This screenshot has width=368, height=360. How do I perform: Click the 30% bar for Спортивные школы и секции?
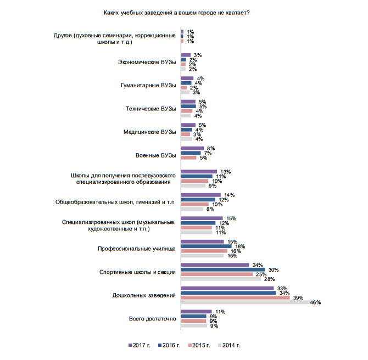pos(222,269)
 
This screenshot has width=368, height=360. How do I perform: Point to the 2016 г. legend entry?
pos(170,346)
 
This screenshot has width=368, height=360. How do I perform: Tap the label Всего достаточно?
pos(153,319)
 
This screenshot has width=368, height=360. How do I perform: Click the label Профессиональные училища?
pos(137,249)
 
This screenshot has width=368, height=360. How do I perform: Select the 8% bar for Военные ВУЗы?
pos(192,148)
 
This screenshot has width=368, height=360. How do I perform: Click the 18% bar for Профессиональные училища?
pos(206,246)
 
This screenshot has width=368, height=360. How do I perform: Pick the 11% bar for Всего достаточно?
pos(196,312)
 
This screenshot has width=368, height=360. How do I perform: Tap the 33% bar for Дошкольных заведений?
pos(227,288)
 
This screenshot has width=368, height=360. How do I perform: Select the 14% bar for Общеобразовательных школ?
pos(200,195)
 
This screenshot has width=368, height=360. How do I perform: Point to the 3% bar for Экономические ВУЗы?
pos(186,55)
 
